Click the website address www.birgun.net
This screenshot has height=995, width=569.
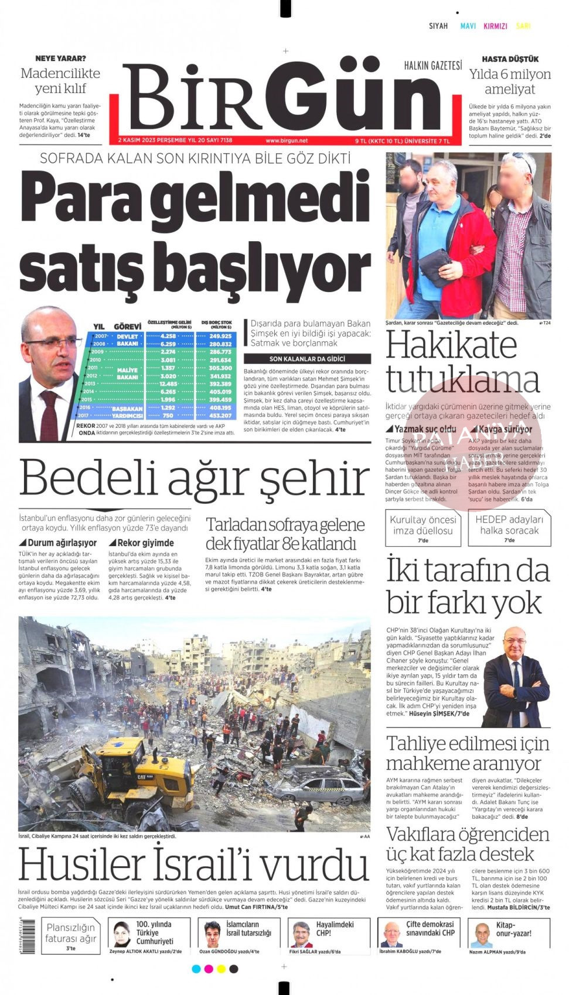pos(286,140)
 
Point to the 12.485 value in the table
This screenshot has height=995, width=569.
pos(168,384)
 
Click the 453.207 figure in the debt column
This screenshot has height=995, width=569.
pos(220,416)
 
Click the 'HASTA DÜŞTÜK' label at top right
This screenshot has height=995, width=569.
pos(510,59)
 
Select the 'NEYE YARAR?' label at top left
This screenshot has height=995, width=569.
pos(60,59)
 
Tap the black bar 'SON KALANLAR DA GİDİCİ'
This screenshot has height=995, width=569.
pos(307,359)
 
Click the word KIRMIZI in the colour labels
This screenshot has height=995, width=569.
pos(495,26)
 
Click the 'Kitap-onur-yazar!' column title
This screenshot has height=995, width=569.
pos(513,929)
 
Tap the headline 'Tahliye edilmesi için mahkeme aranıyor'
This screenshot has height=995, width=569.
pos(468,753)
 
